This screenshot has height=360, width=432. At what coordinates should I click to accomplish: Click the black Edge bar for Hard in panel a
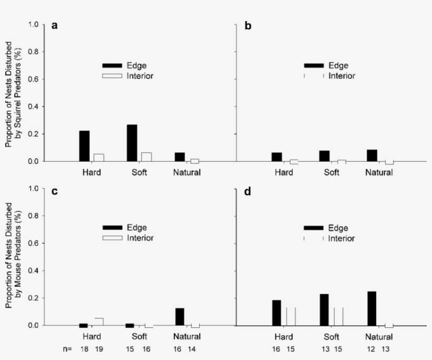[84, 146]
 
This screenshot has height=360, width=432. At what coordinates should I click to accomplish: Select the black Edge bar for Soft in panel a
[132, 143]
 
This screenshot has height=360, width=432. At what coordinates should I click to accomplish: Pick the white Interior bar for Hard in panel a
[99, 158]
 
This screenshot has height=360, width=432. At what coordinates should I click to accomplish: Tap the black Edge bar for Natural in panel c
[180, 317]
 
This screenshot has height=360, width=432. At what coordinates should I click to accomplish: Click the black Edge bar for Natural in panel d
[372, 308]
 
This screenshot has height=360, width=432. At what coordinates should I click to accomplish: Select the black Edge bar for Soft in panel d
[325, 310]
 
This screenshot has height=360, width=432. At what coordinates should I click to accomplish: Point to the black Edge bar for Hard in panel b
[277, 157]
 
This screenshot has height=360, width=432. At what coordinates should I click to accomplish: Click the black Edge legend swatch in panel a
[112, 65]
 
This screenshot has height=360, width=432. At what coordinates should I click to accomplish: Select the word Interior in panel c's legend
[140, 238]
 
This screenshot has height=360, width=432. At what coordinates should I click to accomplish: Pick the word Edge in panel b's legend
[338, 66]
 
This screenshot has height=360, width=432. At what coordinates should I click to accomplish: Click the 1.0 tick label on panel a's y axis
[33, 24]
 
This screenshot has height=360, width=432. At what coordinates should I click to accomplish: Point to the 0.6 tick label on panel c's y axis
[33, 243]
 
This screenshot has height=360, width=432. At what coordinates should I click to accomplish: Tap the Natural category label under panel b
[379, 172]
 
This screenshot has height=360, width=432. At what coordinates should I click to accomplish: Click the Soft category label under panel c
[140, 336]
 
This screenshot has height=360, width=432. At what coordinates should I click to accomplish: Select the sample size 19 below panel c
[99, 349]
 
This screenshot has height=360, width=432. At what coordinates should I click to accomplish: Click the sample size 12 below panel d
[372, 349]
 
